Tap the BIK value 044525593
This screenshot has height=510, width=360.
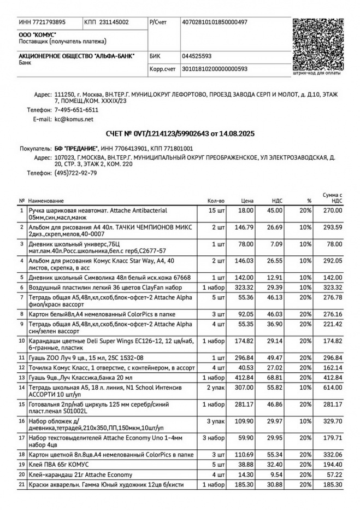[197, 56]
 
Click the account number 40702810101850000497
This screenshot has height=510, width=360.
[215, 22]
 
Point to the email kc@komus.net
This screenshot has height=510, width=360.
[74, 119]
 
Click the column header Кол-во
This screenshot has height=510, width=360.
[216, 201]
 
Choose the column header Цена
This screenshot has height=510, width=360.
[247, 201]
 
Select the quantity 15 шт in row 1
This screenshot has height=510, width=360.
[216, 210]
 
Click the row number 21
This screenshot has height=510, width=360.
[22, 485]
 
